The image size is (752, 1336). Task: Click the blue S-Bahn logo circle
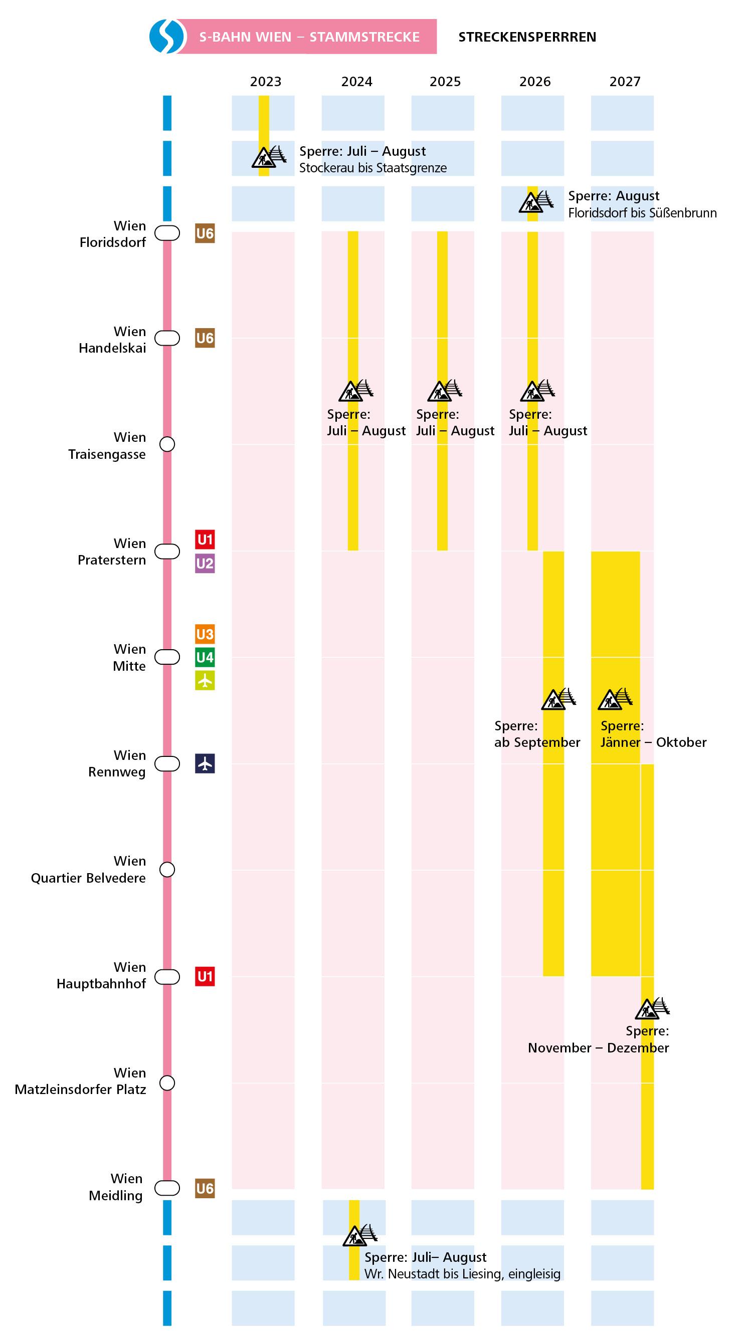point(167,36)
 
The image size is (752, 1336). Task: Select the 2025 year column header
point(445,82)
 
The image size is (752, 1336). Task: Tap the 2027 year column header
point(624,82)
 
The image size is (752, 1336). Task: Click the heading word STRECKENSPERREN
point(527,37)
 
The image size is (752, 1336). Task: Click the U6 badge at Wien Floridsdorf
point(205,233)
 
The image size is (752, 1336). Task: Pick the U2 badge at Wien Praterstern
point(205,563)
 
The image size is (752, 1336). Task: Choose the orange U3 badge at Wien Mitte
point(205,634)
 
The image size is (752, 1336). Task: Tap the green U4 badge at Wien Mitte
point(205,658)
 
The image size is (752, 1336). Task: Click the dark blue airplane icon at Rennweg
point(205,763)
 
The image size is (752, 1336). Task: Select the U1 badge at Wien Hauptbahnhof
point(205,977)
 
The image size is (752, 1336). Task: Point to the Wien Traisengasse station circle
point(167,444)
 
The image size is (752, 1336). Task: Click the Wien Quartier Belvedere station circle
point(167,869)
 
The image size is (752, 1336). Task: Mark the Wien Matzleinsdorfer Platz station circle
point(167,1083)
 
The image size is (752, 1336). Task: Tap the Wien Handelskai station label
point(112,340)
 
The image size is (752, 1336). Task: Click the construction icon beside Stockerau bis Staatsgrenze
point(268,157)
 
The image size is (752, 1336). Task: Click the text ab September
point(536,742)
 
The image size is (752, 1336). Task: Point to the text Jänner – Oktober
point(653,742)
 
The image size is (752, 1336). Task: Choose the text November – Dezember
point(598,1047)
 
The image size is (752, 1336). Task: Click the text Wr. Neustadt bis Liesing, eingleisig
point(462,1274)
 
